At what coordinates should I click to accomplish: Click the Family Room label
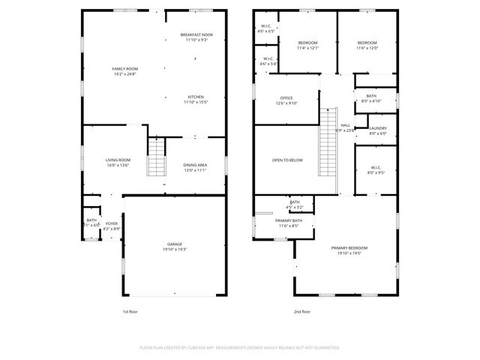pyautogui.click(x=124, y=68)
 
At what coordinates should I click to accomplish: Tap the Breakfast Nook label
pyautogui.click(x=196, y=35)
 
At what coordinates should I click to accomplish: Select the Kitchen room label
pyautogui.click(x=196, y=97)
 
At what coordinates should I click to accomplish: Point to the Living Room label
pyautogui.click(x=118, y=160)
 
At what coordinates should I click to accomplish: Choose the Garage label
pyautogui.click(x=175, y=244)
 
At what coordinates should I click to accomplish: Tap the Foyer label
pyautogui.click(x=111, y=223)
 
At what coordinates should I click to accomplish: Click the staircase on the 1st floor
pyautogui.click(x=155, y=157)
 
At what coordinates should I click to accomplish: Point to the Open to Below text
pyautogui.click(x=287, y=160)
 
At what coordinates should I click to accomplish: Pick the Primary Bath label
pyautogui.click(x=289, y=220)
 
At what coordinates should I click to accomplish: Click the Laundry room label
pyautogui.click(x=378, y=128)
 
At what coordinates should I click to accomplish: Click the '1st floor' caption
pyautogui.click(x=130, y=311)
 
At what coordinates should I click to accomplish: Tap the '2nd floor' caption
pyautogui.click(x=301, y=311)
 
